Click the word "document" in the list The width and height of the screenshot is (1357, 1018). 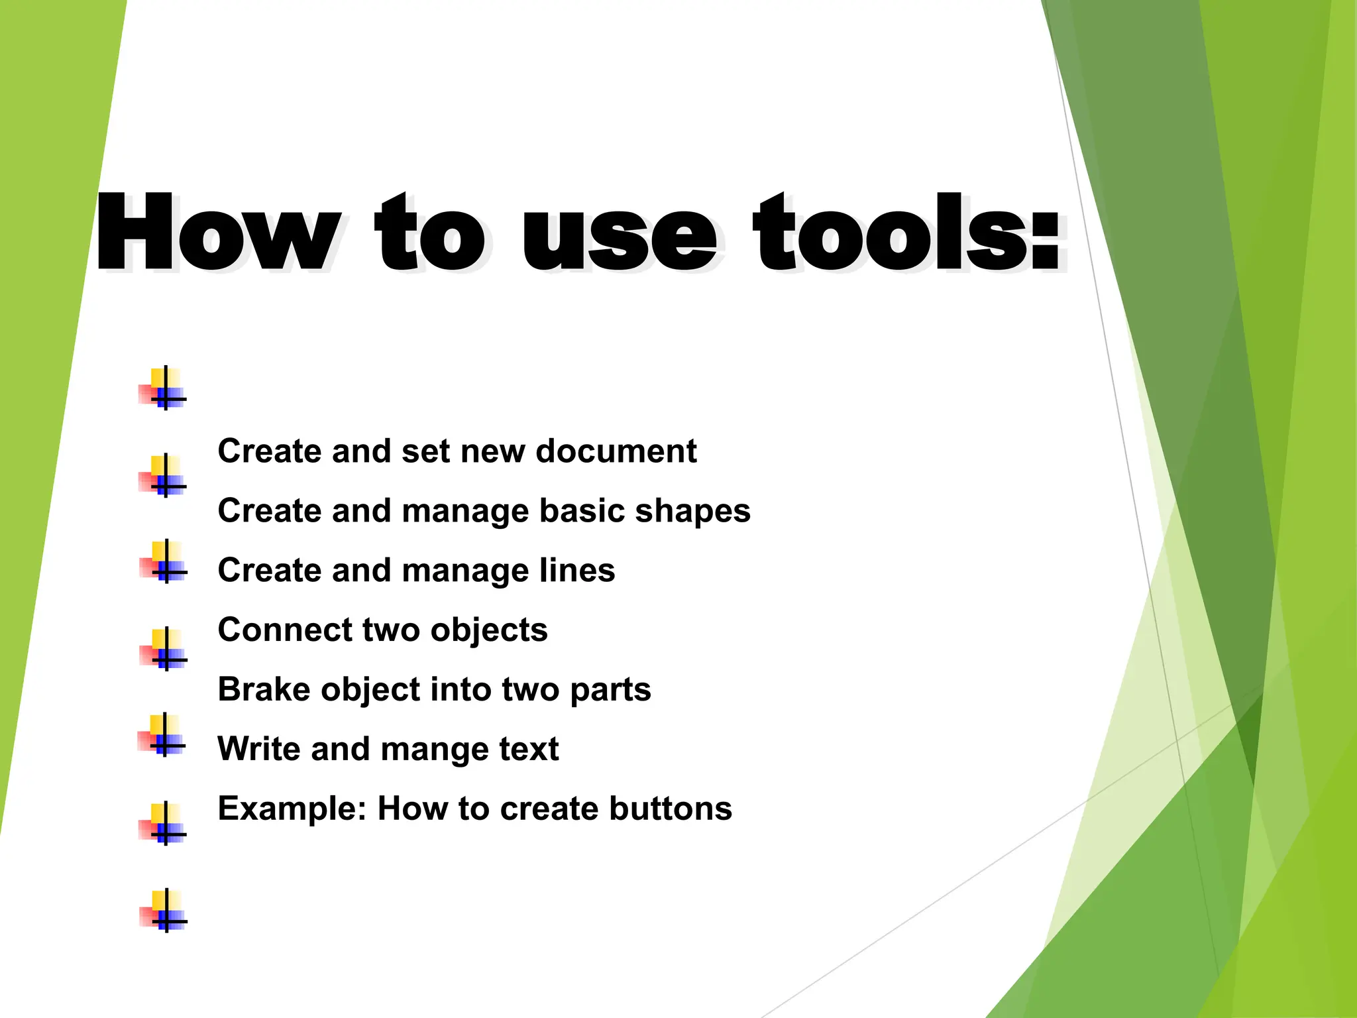tap(616, 451)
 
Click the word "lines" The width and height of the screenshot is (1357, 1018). tap(577, 571)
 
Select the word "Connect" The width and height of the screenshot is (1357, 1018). tap(284, 630)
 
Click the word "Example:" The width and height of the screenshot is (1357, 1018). tap(292, 809)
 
